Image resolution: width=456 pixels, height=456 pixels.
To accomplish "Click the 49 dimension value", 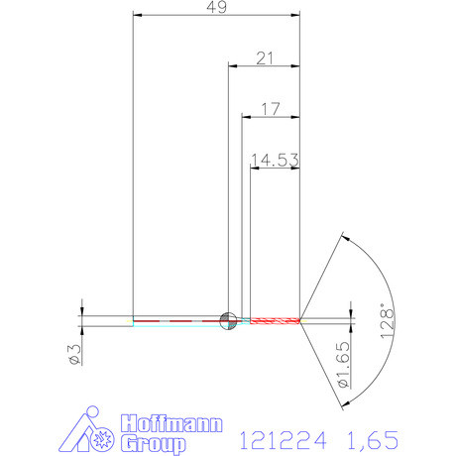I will tap(215, 7).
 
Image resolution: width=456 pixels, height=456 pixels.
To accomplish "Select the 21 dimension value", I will tap(264, 58).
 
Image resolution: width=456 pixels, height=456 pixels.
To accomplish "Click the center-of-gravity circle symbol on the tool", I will tap(227, 319).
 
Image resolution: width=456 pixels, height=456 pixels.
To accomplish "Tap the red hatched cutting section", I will tap(275, 320).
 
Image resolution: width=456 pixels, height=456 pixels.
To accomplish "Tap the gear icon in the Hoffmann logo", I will tap(101, 437).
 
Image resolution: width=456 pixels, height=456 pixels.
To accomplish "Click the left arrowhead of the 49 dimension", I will tap(137, 16).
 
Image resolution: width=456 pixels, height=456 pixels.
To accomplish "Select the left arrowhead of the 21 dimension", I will tap(233, 66).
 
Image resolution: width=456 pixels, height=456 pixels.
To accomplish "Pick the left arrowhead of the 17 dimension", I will tap(246, 117).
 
